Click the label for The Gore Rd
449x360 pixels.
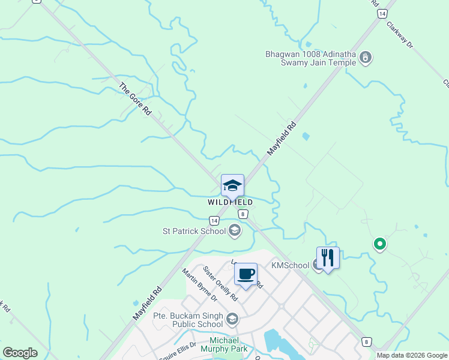pos(134,100)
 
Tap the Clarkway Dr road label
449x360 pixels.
pos(400,35)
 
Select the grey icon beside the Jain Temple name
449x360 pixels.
pos(366,58)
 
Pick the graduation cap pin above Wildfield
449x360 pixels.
pos(232,186)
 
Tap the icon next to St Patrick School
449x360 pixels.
pos(235,230)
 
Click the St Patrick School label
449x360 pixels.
pos(194,230)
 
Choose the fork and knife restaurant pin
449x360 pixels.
pos(328,259)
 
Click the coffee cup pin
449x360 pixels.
pos(246,275)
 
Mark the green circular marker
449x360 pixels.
pos(379,244)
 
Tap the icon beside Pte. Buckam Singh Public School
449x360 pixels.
pos(232,318)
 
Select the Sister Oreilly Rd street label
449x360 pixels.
pos(220,284)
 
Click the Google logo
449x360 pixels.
pos(20,353)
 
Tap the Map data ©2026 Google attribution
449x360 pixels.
pos(411,355)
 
